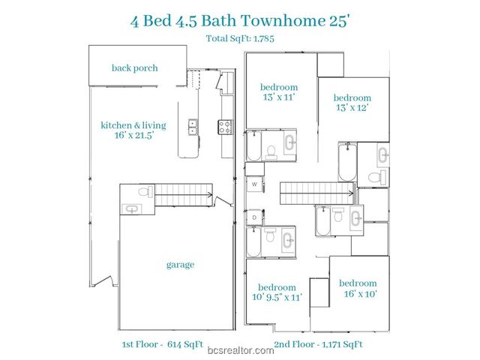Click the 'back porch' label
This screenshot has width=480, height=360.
pos(135,67)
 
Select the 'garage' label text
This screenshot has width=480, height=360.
pos(180,264)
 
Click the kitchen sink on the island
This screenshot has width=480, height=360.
pos(193,127)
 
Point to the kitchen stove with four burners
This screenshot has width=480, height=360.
pos(225,127)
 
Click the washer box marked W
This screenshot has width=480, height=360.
pos(254,184)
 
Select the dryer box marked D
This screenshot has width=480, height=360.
pos(254,217)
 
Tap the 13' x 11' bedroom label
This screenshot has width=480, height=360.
pos(279,91)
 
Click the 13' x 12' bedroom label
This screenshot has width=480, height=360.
pos(352,103)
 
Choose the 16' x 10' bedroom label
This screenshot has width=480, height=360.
pos(358,288)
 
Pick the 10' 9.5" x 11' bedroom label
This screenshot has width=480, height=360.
pos(278,292)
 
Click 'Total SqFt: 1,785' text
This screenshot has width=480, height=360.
pos(240,37)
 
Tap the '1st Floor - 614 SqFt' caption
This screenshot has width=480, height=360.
pos(157,343)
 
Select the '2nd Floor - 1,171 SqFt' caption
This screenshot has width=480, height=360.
pos(319,343)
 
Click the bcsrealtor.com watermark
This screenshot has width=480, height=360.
pos(240,350)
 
